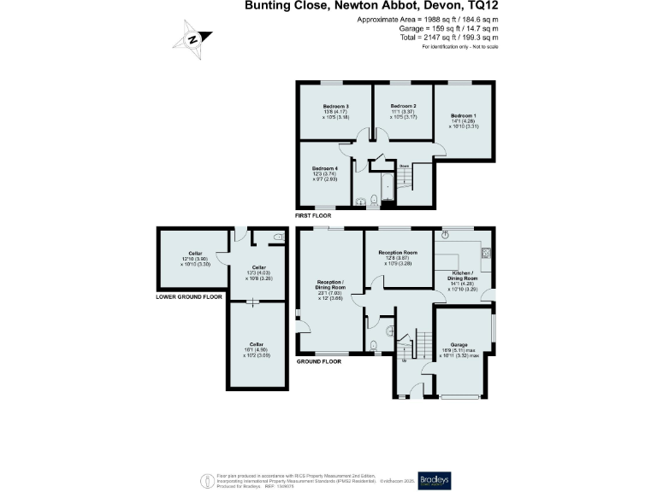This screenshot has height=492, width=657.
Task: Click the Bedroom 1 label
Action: coord(464,115)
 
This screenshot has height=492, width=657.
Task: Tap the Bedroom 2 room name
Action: coord(402,107)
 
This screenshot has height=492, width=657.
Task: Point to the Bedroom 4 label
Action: coord(325,168)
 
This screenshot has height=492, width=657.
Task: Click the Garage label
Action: coord(461,344)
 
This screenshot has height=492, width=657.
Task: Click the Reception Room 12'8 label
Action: coord(398,253)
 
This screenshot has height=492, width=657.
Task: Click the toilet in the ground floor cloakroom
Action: coord(375,346)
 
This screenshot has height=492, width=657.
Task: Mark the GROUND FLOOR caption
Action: coord(318,361)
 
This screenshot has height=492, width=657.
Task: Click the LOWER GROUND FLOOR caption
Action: coord(189,296)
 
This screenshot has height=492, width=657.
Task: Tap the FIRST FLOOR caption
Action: coord(313,216)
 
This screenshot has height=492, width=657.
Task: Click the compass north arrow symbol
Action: coord(193,38)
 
